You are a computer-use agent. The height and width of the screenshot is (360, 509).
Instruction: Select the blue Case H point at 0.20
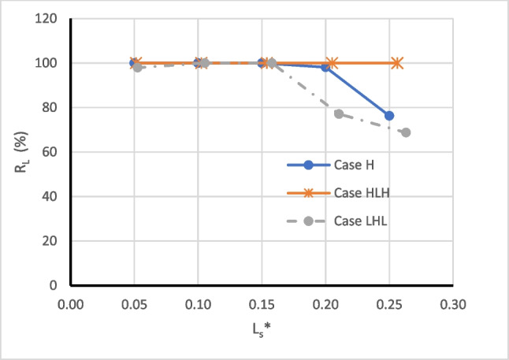[325, 67]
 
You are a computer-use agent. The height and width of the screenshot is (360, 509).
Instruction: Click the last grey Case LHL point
[406, 132]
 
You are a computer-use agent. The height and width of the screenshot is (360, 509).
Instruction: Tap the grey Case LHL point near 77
[339, 114]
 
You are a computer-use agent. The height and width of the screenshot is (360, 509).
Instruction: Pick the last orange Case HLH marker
[397, 63]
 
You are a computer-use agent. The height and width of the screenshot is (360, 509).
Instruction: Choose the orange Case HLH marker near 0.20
[333, 63]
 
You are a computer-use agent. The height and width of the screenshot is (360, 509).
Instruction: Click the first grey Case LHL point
[138, 67]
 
